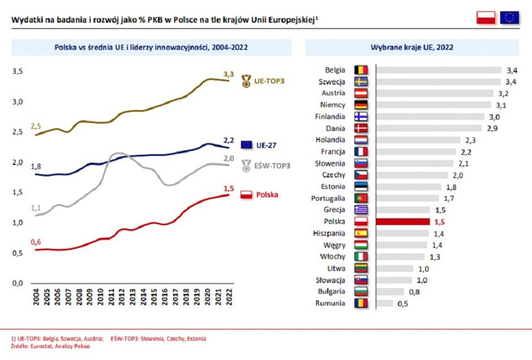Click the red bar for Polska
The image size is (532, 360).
[x=402, y=221]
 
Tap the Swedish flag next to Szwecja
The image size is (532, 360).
[x=361, y=82]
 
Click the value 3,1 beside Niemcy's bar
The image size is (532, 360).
[x=501, y=105]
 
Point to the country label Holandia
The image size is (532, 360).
[x=330, y=139]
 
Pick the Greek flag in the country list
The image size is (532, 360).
[x=361, y=209]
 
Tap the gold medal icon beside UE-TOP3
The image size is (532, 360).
[x=246, y=81]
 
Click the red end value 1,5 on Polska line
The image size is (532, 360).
[x=229, y=189]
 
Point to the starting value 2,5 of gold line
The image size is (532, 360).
[x=35, y=126]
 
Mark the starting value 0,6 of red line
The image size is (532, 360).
[x=35, y=242]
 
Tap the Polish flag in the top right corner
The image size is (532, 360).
[x=486, y=17]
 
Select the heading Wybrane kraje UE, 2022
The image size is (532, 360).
[x=412, y=48]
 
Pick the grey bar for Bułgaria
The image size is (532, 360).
[x=391, y=291]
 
